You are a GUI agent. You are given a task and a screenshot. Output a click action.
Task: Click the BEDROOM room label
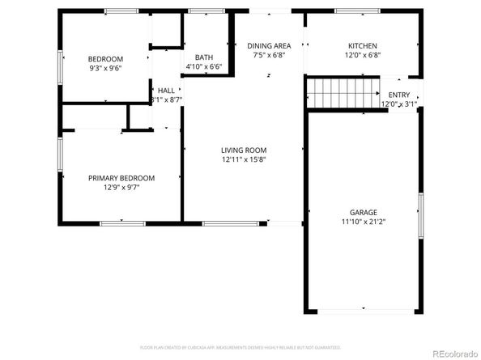point(105,59)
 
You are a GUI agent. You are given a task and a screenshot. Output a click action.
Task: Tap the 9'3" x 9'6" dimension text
point(105,69)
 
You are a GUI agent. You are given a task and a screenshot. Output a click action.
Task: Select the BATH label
point(204,57)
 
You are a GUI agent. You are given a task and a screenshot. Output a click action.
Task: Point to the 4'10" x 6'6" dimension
point(204,66)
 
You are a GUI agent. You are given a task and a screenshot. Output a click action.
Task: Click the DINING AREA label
point(269,46)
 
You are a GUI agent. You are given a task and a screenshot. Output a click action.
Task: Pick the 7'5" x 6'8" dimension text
point(269,56)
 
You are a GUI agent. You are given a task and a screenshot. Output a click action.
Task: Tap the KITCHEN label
point(362,46)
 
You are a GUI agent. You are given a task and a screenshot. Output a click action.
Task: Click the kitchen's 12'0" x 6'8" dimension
point(362,56)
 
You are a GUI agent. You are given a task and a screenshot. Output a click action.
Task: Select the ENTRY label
point(399,95)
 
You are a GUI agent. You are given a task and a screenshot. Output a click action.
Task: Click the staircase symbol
point(343,93)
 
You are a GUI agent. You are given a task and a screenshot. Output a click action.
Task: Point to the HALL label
point(166,91)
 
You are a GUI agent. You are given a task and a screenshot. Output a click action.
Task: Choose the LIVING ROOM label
point(244,150)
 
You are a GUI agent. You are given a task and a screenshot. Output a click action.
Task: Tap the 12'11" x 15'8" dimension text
point(244,159)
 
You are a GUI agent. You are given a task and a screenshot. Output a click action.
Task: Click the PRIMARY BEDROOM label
point(121,178)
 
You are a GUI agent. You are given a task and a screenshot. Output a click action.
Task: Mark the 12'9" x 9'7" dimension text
point(121,188)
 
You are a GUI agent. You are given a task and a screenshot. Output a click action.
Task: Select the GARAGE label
point(363,212)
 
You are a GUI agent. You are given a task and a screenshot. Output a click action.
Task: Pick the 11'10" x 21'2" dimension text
point(363,222)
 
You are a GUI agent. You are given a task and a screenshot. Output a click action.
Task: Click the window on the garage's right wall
point(420,216)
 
